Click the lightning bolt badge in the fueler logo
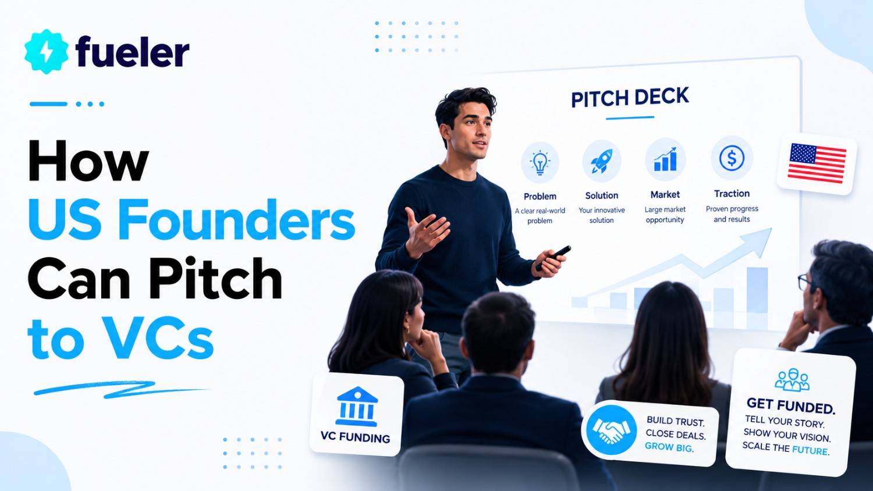[x=47, y=51]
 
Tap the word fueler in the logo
[x=133, y=51]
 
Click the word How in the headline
[x=88, y=161]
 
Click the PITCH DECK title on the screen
[x=630, y=97]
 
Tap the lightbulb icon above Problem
[x=540, y=162]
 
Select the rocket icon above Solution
[x=601, y=161]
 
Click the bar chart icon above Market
[x=665, y=159]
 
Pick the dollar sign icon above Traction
[x=732, y=158]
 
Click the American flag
[x=817, y=163]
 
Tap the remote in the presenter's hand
[x=553, y=257]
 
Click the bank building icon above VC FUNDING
[x=357, y=407]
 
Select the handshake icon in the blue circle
[x=611, y=430]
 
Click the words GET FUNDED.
[x=791, y=405]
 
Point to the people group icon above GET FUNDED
[x=792, y=379]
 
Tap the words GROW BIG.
[x=669, y=447]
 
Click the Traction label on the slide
[x=732, y=194]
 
